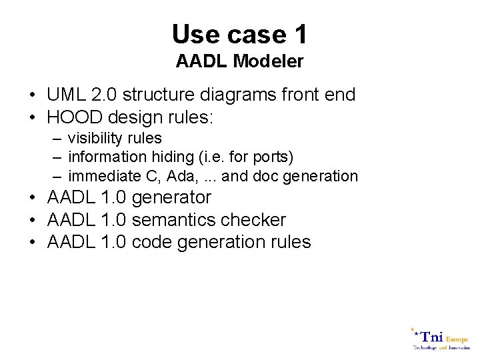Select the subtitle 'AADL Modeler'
pyautogui.click(x=239, y=62)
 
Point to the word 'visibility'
pyautogui.click(x=95, y=138)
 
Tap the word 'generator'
pyautogui.click(x=172, y=198)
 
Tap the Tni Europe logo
pyautogui.click(x=439, y=339)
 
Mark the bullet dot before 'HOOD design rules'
pyautogui.click(x=33, y=118)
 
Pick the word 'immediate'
pyautogui.click(x=99, y=176)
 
